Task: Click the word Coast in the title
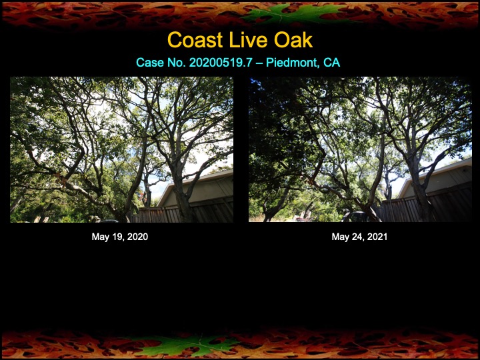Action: click(195, 40)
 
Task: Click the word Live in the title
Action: click(248, 40)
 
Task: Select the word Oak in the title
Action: click(293, 40)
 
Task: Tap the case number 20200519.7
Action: click(221, 63)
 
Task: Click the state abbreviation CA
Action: click(331, 63)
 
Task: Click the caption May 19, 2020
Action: click(120, 237)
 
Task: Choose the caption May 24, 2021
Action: click(359, 237)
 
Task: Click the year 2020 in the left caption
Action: click(137, 237)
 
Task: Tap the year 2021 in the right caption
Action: click(377, 237)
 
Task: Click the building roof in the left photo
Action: click(196, 181)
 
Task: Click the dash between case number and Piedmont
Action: click(259, 63)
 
